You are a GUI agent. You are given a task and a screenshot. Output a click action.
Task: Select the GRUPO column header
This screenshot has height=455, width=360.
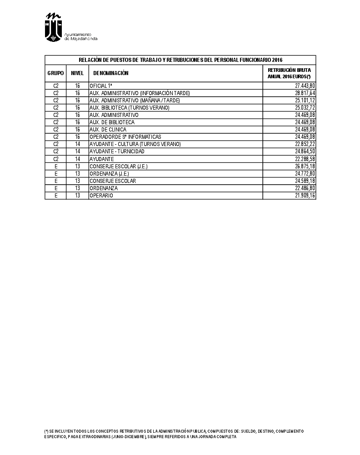point(55,73)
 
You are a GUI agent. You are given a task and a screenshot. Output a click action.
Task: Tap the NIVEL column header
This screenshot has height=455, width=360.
point(77,73)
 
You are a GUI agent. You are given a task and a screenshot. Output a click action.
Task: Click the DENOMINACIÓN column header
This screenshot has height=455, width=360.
point(111,73)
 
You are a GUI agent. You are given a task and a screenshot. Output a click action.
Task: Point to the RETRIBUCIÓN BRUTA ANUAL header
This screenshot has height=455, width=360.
point(289,73)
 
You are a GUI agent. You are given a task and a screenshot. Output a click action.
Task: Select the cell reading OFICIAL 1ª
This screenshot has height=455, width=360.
point(101,86)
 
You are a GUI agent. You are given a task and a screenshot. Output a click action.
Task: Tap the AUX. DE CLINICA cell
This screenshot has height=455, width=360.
point(108,130)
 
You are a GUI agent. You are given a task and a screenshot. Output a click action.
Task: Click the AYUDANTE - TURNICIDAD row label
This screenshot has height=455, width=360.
point(117,152)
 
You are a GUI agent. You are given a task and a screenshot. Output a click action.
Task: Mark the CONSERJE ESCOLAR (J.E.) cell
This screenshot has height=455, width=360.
point(118,167)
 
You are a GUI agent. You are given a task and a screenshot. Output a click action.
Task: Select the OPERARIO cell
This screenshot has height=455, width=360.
point(101,196)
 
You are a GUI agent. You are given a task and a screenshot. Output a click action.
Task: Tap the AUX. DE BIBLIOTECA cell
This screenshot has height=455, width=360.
point(112,122)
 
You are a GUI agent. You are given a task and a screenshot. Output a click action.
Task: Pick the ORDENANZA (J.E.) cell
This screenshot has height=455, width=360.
point(110,174)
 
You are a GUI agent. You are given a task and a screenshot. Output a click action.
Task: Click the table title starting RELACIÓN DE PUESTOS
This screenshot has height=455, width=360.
point(180,60)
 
